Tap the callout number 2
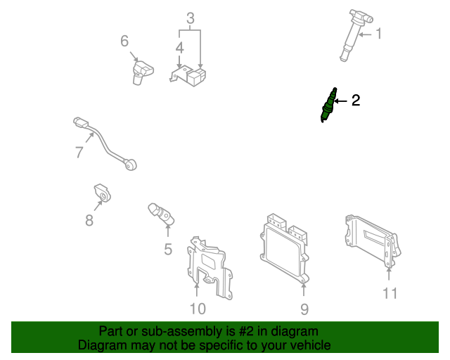point(355,101)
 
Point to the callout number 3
point(190,18)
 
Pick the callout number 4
point(180,48)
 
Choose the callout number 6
point(124,41)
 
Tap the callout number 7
point(79,152)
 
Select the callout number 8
point(89,220)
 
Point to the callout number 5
point(168,248)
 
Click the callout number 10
point(198,307)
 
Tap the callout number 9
point(304,308)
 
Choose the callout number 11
point(390,293)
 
